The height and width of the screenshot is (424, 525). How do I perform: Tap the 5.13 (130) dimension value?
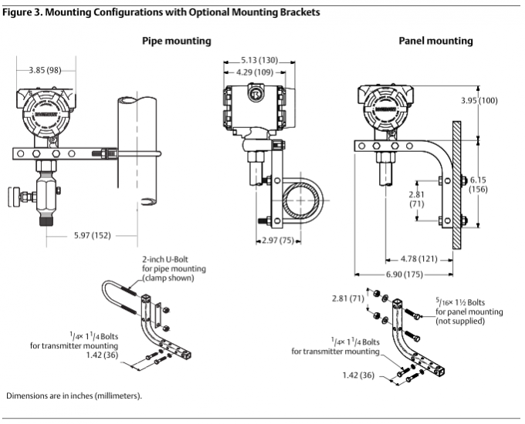point(258,59)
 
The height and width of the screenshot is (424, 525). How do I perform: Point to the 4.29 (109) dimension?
point(258,72)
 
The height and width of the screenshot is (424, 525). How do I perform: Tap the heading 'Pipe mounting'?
point(176,41)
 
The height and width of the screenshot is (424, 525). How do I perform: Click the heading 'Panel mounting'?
point(435,41)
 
